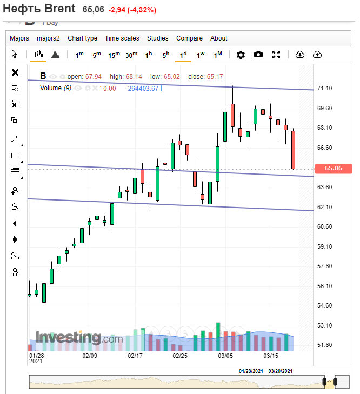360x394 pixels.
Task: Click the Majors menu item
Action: [19, 38]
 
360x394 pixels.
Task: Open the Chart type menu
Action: [82, 38]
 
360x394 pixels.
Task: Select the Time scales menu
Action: [122, 38]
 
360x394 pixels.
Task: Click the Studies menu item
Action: [158, 38]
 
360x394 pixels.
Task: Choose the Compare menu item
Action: [189, 38]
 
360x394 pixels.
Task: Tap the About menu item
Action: [219, 38]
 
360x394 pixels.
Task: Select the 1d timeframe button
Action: [183, 55]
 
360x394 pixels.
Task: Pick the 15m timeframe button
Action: [114, 55]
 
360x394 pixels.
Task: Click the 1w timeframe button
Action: [201, 55]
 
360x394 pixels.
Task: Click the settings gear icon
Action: [241, 55]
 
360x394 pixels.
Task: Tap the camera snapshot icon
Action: [258, 55]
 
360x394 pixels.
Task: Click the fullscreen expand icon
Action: [276, 55]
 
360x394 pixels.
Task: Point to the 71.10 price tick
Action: [325, 88]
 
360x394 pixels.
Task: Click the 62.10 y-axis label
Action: [325, 207]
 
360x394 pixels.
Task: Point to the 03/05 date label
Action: [225, 356]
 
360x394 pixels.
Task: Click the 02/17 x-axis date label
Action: [135, 356]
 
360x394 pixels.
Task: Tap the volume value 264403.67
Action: [143, 89]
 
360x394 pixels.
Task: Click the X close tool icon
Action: [15, 72]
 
